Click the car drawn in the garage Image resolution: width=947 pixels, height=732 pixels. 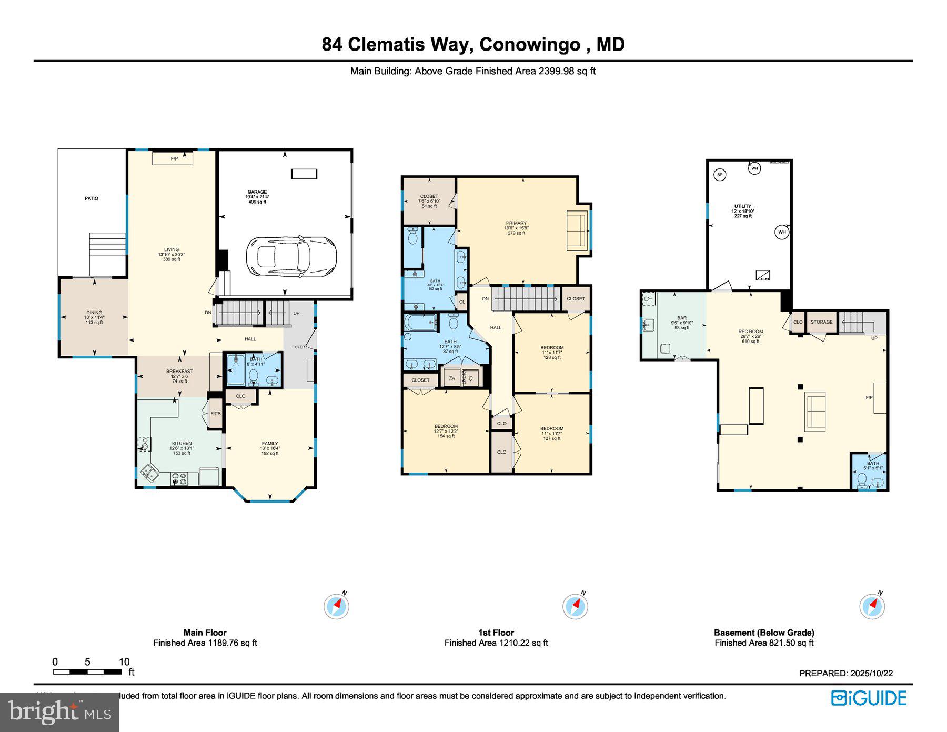pyautogui.click(x=290, y=257)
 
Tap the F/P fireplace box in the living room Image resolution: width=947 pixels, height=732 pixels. pyautogui.click(x=173, y=158)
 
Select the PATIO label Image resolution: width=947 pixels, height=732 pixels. pyautogui.click(x=92, y=198)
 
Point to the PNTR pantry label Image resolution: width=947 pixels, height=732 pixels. pyautogui.click(x=216, y=413)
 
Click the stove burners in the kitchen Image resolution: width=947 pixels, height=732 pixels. pyautogui.click(x=179, y=479)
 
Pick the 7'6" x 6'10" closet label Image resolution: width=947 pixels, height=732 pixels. pyautogui.click(x=429, y=200)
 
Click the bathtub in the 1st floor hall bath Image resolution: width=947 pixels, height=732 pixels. pyautogui.click(x=420, y=322)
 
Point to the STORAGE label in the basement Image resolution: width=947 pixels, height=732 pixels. pyautogui.click(x=821, y=322)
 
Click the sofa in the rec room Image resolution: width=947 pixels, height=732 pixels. pyautogui.click(x=815, y=412)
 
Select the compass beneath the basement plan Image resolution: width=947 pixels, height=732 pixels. pyautogui.click(x=872, y=606)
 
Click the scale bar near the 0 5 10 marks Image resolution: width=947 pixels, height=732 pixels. pyautogui.click(x=87, y=672)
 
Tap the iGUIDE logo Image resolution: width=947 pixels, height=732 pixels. pyautogui.click(x=869, y=698)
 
